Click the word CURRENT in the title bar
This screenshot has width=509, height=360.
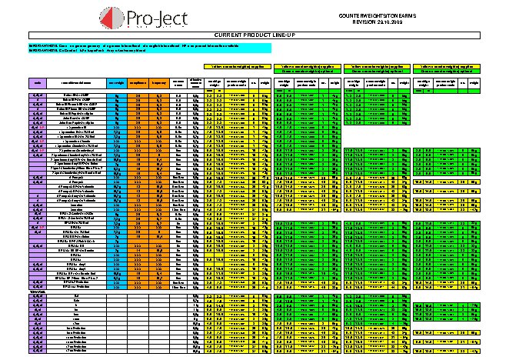(x=232, y=35)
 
